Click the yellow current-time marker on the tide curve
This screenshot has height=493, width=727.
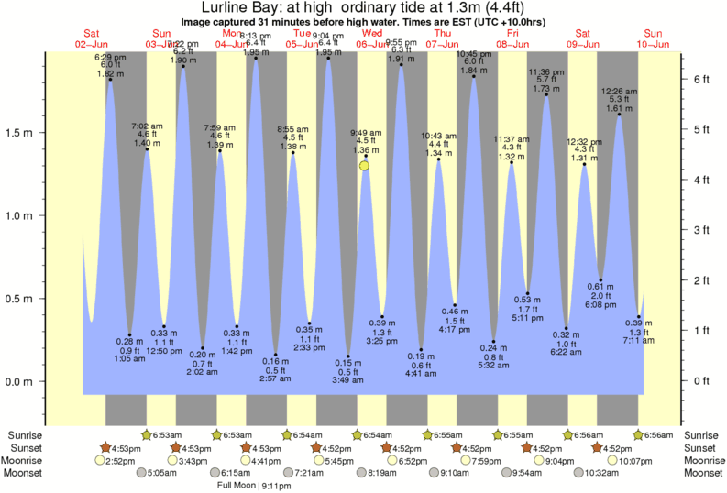(365, 166)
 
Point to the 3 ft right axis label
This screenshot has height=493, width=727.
(701, 230)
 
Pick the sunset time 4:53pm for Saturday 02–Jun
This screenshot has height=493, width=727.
(127, 447)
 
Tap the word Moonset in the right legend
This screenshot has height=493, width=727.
(702, 473)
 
